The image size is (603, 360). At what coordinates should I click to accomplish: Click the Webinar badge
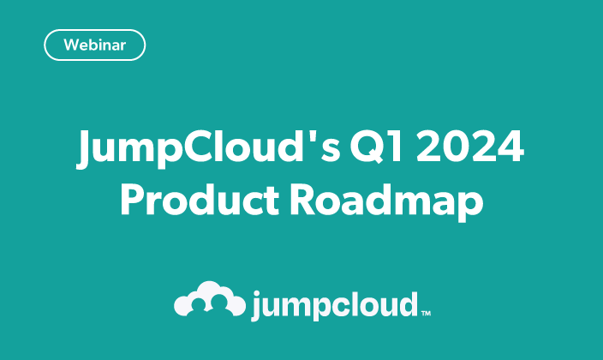pyautogui.click(x=93, y=45)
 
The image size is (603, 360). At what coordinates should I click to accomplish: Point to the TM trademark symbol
pyautogui.click(x=426, y=314)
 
